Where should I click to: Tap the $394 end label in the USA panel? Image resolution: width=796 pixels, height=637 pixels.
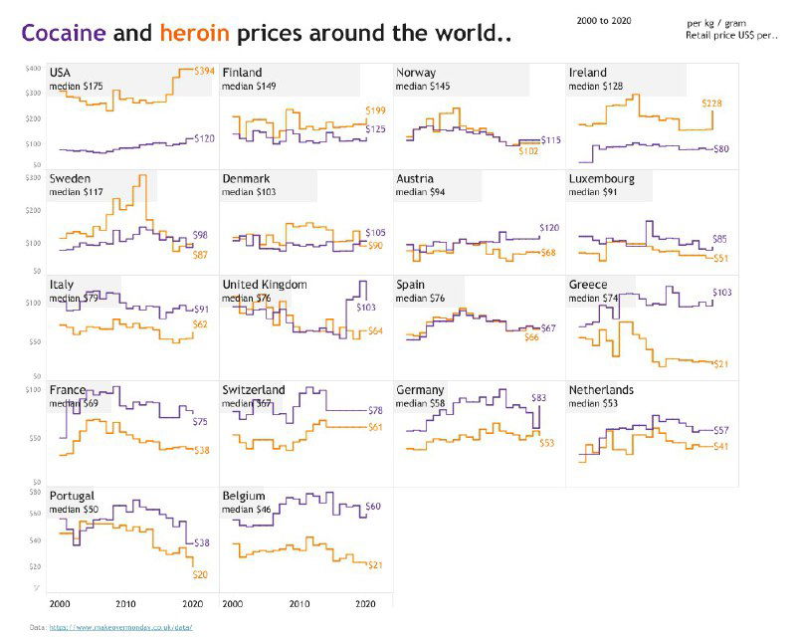coord(204,72)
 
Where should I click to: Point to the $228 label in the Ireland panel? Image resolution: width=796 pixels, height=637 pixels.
coord(713,104)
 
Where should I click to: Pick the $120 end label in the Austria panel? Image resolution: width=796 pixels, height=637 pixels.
coord(549,228)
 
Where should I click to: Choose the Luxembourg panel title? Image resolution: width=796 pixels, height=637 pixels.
coord(601,179)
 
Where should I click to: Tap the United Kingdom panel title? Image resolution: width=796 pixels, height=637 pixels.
coord(265,285)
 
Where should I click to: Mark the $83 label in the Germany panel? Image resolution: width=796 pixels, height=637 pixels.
coord(540,398)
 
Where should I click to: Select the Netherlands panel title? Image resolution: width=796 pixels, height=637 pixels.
coord(601,390)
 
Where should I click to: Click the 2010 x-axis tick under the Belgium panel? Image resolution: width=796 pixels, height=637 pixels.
coord(299,604)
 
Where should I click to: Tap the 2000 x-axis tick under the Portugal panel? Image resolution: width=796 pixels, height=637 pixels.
coord(60,604)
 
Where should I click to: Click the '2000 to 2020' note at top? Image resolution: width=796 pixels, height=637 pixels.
coord(604,21)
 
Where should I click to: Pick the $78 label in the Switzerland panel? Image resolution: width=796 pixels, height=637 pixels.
coord(375,411)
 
